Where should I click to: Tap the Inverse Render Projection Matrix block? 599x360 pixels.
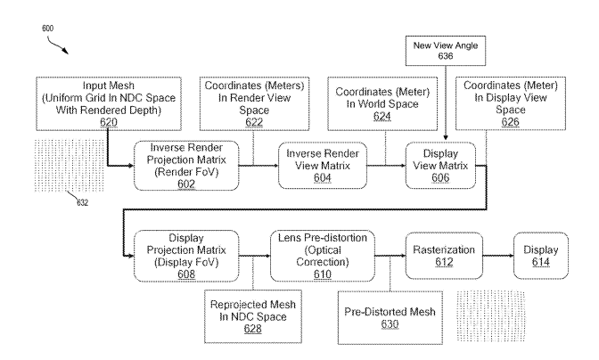click(x=186, y=166)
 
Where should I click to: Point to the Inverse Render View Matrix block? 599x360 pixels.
click(x=323, y=166)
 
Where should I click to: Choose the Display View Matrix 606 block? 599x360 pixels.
click(x=440, y=166)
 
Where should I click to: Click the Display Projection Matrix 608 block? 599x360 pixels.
click(x=186, y=256)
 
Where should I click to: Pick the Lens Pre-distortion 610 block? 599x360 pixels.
click(x=323, y=256)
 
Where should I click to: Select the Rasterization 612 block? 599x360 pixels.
click(x=444, y=256)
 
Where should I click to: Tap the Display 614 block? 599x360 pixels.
click(x=541, y=256)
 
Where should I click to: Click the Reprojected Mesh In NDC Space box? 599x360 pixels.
click(x=253, y=316)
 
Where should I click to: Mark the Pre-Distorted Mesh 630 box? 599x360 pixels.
click(x=390, y=317)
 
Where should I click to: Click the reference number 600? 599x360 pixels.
click(x=48, y=29)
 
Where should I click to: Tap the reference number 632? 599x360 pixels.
click(x=83, y=202)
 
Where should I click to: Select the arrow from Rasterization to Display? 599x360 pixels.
click(x=498, y=256)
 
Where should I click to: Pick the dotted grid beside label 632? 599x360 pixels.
click(x=70, y=166)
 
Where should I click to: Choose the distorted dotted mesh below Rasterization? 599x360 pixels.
click(x=491, y=316)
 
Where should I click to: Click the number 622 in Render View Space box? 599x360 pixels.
click(x=254, y=122)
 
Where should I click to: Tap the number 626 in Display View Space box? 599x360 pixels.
click(x=511, y=122)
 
